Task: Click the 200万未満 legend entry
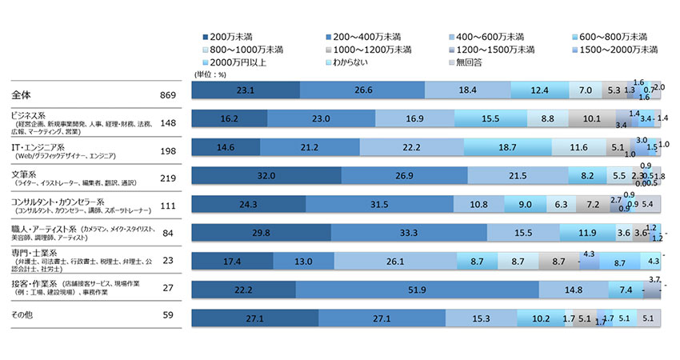pyautogui.click(x=231, y=37)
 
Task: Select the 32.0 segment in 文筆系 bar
pyautogui.click(x=267, y=175)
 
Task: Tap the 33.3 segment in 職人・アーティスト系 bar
pyautogui.click(x=409, y=232)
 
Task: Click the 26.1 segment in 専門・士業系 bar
pyautogui.click(x=395, y=261)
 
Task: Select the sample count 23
pyautogui.click(x=170, y=260)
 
